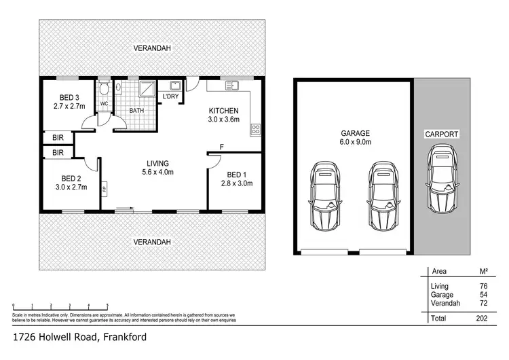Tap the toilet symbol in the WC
(104, 89)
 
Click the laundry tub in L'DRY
(174, 86)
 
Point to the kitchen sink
(232, 86)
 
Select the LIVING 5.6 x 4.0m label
(157, 167)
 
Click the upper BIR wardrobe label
(58, 137)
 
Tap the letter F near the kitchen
(222, 146)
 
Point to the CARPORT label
(442, 134)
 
